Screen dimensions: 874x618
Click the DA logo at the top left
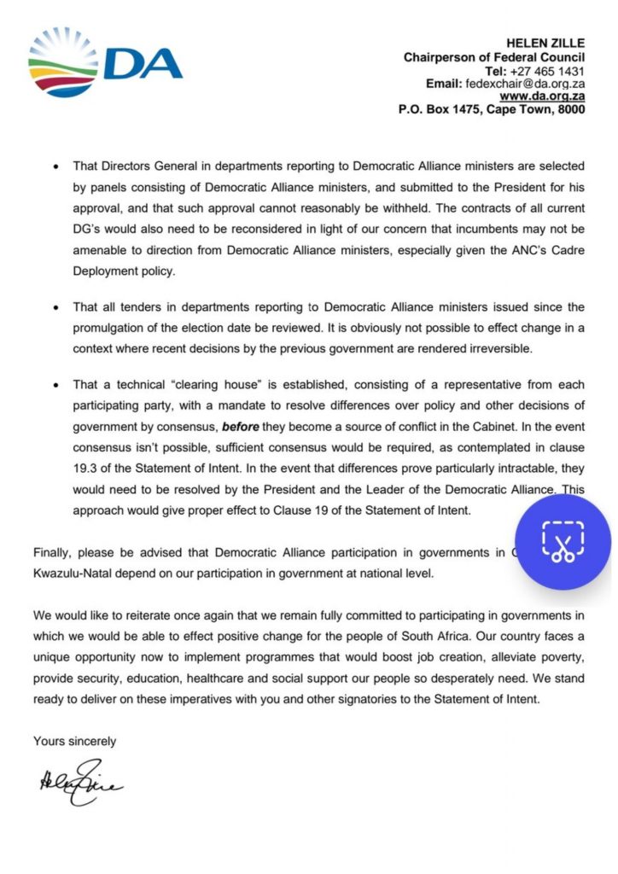105,61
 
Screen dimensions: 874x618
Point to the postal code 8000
570,110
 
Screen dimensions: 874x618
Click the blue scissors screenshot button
562,542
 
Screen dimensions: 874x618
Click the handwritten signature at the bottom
79,780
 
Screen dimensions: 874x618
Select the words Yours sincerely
74,741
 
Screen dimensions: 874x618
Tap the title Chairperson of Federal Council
494,56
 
